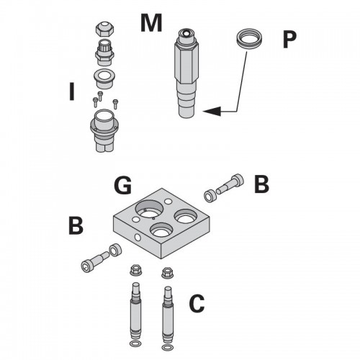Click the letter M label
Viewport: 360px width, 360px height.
click(x=151, y=23)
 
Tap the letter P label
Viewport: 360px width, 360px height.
click(x=289, y=40)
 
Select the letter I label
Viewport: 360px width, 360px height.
click(x=71, y=91)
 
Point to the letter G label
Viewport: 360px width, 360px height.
click(x=122, y=185)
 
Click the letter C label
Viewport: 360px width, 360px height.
click(x=197, y=304)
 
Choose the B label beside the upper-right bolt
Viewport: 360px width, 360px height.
click(x=261, y=184)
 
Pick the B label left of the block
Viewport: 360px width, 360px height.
click(x=76, y=225)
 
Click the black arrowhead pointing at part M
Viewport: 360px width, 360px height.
click(x=212, y=111)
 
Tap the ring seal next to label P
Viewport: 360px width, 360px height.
click(x=249, y=40)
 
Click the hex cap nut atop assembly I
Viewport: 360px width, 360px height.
click(x=104, y=29)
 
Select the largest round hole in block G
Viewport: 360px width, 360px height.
click(x=149, y=210)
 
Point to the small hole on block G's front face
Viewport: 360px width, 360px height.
click(x=138, y=238)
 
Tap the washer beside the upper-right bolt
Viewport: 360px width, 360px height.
click(x=210, y=196)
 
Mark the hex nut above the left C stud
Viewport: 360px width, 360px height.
click(x=135, y=270)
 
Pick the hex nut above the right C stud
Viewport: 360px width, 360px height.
click(x=167, y=273)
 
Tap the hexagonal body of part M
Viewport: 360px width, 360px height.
click(x=186, y=63)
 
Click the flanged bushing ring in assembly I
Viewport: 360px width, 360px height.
click(x=104, y=78)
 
